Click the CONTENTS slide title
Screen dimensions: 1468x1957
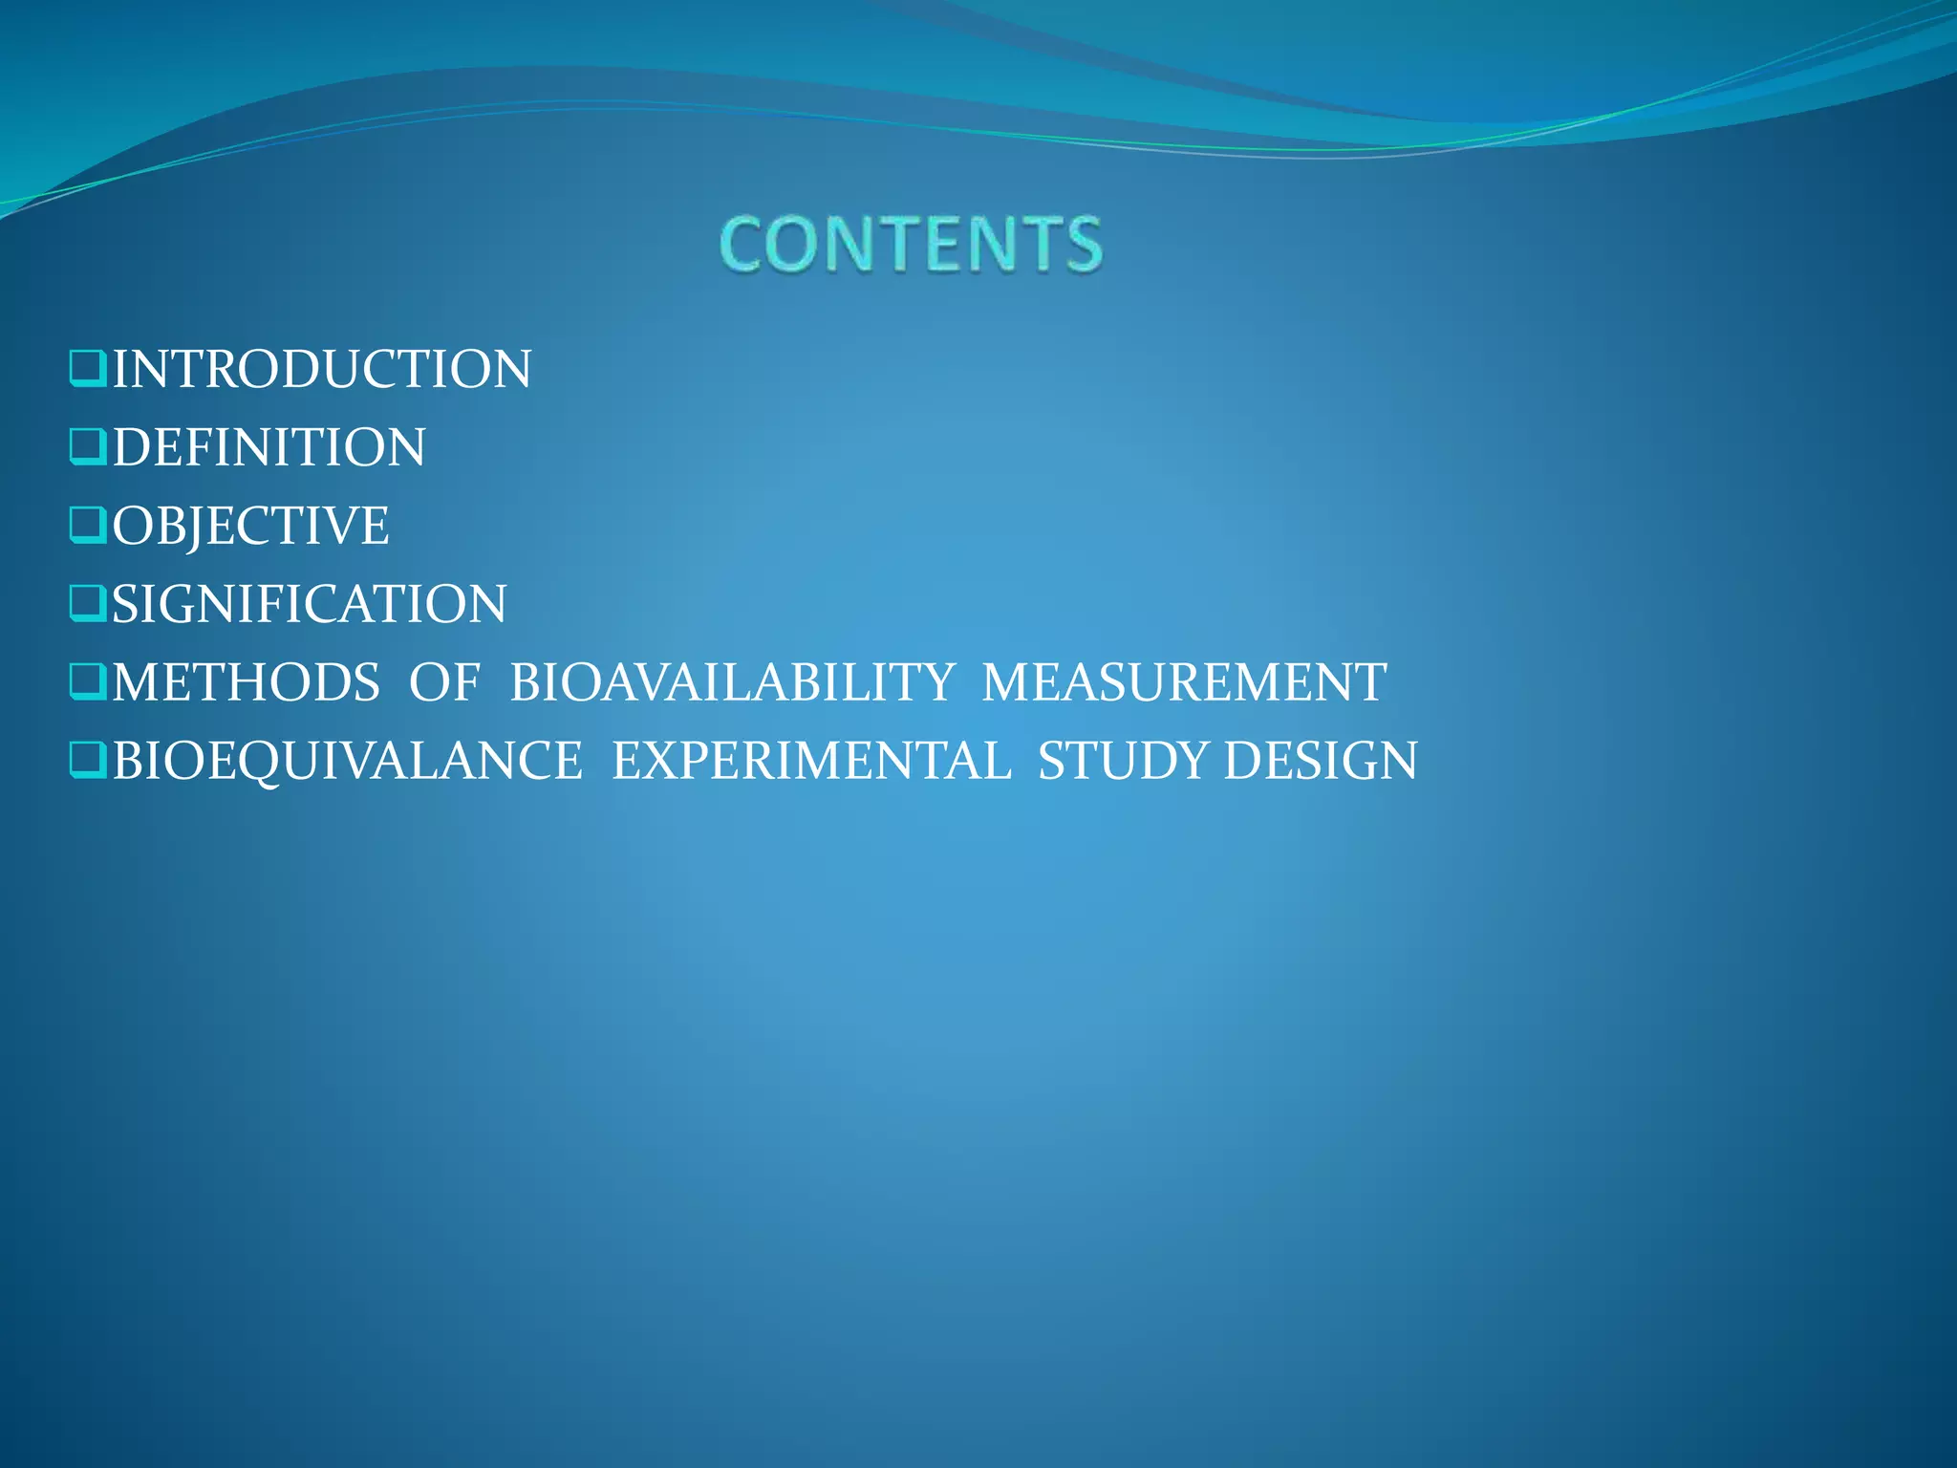tap(911, 245)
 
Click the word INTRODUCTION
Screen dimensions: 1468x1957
tap(322, 370)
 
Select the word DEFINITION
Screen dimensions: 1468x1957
tap(269, 448)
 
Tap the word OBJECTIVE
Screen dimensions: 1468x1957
tap(250, 527)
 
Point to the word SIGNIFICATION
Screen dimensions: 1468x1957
tap(310, 605)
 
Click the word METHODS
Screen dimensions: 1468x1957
tap(247, 683)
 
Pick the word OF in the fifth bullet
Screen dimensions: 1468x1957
tap(444, 683)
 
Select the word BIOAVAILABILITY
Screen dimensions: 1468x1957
tap(732, 683)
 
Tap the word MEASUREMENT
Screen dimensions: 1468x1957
tap(1184, 683)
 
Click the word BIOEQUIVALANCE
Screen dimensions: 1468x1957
tap(348, 762)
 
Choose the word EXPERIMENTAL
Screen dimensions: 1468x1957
tap(811, 762)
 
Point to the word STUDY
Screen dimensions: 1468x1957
tap(1124, 762)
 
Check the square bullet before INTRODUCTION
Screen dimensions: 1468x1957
tap(88, 369)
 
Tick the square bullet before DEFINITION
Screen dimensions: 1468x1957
tap(88, 447)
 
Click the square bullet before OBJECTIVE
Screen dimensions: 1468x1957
tap(88, 526)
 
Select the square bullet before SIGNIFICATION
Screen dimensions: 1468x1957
tap(88, 604)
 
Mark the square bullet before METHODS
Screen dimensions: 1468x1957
tap(88, 682)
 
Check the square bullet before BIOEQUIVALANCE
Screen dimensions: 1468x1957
tap(88, 761)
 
